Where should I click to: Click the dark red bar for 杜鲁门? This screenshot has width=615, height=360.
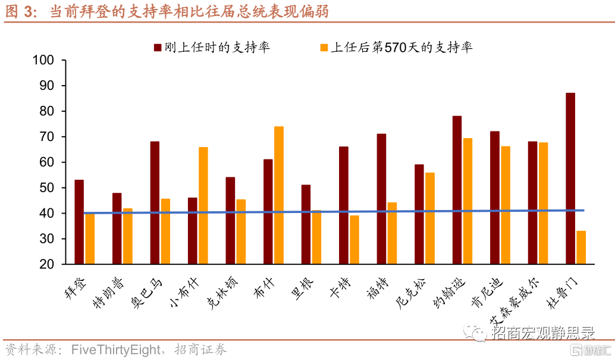pos(570,179)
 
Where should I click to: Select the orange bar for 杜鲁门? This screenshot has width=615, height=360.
pos(581,248)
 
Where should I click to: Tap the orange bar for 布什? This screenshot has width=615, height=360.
pos(279,195)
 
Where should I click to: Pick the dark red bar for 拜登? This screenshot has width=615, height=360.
pos(79,222)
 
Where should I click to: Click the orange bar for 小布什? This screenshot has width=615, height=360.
pos(203,205)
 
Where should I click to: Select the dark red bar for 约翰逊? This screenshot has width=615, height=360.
pos(457,190)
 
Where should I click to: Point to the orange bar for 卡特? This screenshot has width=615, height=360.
pos(354,239)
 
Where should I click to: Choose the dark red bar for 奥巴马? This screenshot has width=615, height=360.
pos(155,202)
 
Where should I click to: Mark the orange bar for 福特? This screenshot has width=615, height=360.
pos(392,233)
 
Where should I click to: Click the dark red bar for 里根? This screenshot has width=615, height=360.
pos(306,224)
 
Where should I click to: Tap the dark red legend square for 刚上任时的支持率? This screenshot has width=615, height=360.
pos(158,48)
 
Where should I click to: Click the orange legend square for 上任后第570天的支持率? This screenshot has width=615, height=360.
pos(324,48)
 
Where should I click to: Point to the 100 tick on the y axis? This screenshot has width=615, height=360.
pos(64,60)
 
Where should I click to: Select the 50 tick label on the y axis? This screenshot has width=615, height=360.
pos(46,187)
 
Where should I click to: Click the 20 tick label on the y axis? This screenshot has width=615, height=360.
pos(46,264)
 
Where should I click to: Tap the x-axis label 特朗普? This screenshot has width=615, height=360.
pos(108,293)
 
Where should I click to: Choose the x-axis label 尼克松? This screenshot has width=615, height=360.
pos(410,293)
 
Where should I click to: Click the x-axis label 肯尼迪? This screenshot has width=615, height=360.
pos(486,293)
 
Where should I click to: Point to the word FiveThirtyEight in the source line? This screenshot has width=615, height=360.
pos(116,349)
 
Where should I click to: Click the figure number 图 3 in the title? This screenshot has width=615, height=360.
pos(19,11)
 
